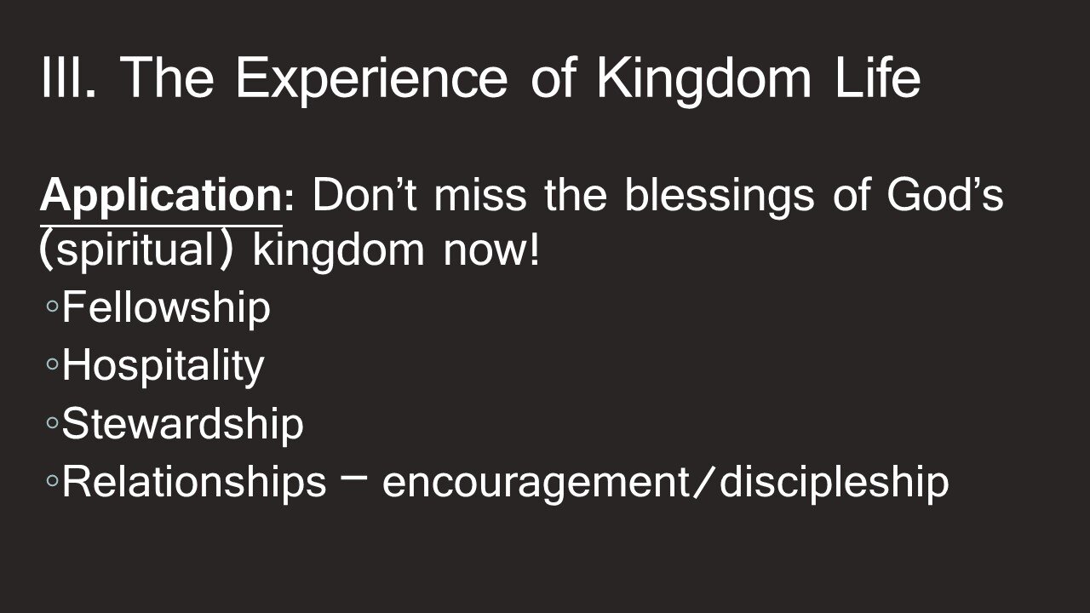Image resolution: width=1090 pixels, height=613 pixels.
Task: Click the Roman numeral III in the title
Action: click(x=69, y=79)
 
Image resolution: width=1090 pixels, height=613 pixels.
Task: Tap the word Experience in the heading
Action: click(x=376, y=79)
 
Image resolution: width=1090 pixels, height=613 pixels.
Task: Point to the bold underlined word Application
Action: click(x=159, y=198)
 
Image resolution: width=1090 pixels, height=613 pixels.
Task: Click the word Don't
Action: click(x=365, y=196)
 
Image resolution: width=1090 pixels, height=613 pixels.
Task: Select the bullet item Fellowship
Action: click(x=166, y=308)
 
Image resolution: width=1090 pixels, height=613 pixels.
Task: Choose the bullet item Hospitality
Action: click(x=163, y=367)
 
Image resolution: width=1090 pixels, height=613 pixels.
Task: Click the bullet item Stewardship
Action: click(x=182, y=424)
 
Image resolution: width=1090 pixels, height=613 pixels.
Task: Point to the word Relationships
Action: click(x=193, y=482)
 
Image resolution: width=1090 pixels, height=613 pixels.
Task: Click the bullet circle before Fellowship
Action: click(x=52, y=310)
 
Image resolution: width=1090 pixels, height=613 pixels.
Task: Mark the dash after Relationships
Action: click(x=354, y=479)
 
